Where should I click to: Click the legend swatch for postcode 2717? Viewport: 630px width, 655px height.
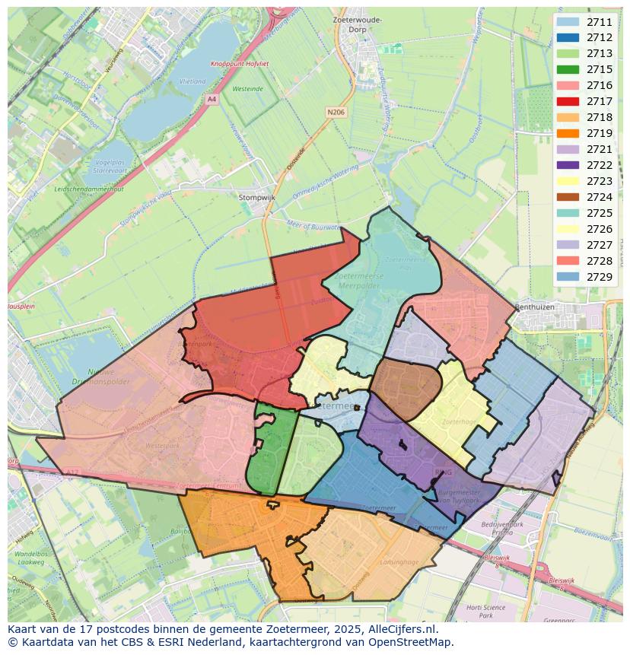click(568, 101)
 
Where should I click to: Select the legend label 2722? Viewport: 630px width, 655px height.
click(600, 165)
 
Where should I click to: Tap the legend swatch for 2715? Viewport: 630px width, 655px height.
click(568, 69)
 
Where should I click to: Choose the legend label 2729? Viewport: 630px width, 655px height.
click(600, 277)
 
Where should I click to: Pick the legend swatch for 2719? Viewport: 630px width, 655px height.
click(568, 133)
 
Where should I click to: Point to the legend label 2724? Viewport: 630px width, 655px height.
click(600, 197)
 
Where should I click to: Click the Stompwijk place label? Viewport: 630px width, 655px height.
click(256, 197)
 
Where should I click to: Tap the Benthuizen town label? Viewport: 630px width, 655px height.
click(533, 307)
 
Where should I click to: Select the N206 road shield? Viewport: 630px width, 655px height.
click(336, 112)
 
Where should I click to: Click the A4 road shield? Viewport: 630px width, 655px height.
click(212, 99)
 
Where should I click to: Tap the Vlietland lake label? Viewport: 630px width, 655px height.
click(192, 81)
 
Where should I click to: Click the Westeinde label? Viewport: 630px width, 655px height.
click(248, 89)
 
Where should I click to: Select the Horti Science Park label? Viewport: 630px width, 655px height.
click(485, 612)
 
